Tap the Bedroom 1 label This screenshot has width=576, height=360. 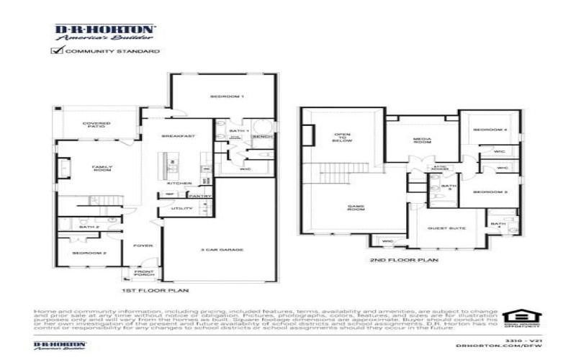[x=228, y=96]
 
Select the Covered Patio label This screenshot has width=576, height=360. [x=96, y=125]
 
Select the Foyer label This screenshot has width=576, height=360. [x=143, y=246]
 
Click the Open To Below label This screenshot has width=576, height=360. [x=341, y=138]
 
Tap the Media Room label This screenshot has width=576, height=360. [x=421, y=140]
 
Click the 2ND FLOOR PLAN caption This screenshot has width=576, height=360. [x=393, y=260]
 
